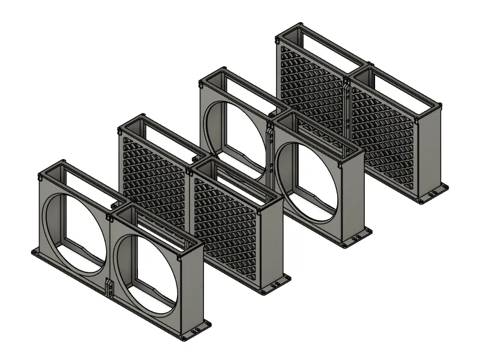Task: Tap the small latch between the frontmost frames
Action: tap(109, 288)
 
